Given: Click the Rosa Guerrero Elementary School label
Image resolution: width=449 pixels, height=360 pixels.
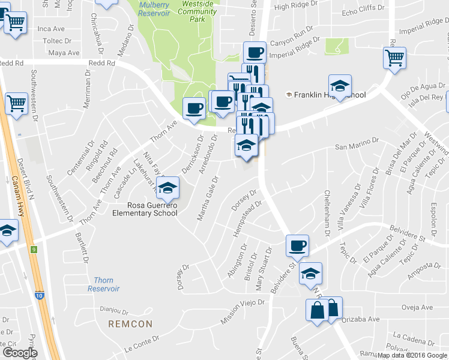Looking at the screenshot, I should click(146, 209).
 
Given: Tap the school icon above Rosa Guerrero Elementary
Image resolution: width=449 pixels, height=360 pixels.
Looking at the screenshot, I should click(168, 187).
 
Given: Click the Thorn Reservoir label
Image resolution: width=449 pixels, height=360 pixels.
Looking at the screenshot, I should click(103, 284).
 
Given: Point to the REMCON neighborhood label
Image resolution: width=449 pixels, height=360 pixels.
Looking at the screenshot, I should click(130, 324).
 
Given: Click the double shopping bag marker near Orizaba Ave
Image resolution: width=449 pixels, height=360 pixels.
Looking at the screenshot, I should click(325, 310).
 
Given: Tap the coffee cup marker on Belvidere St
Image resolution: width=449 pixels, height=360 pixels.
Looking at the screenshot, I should click(297, 245).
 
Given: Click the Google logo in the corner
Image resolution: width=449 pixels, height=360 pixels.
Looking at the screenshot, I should click(20, 353).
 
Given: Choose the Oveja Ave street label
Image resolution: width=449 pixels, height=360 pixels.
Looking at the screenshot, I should click(418, 308).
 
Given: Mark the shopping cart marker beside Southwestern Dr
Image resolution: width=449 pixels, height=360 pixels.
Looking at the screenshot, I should click(16, 103).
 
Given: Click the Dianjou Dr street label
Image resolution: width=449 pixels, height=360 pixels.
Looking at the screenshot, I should click(114, 311).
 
